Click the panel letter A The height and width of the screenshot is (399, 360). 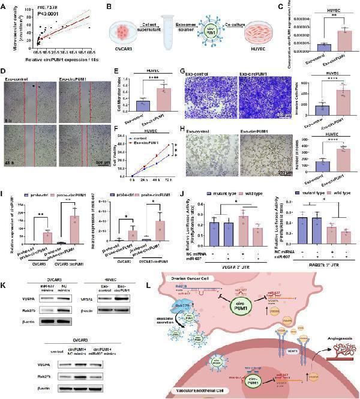[4, 5]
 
